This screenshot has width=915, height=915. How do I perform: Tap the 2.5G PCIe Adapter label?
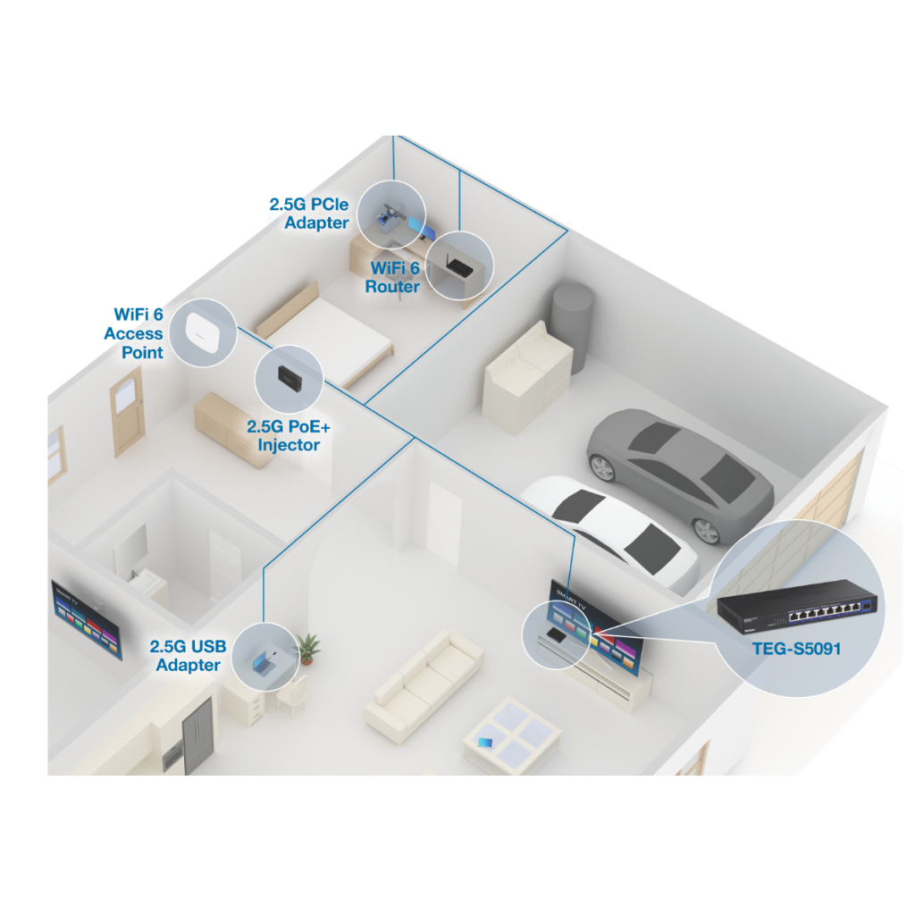tap(309, 214)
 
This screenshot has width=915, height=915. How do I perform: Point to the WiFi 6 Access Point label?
tap(134, 333)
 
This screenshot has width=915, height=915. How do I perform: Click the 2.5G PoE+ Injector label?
tap(283, 435)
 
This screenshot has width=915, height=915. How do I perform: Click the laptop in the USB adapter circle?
tap(264, 662)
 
